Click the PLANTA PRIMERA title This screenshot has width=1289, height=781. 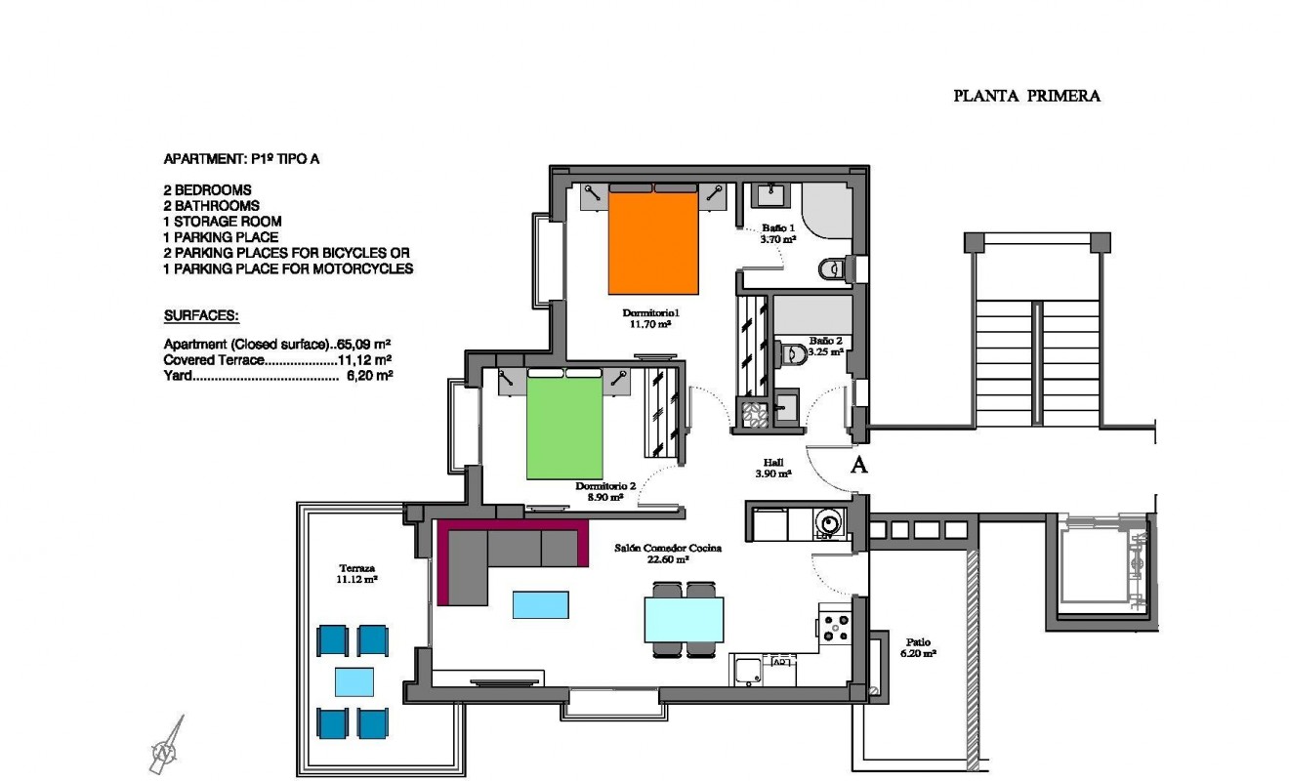[x=1026, y=96]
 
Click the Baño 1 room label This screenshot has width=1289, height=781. [x=777, y=228]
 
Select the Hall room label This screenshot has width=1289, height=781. [x=772, y=463]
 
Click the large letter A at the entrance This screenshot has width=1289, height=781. [x=858, y=465]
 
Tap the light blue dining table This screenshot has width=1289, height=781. [x=684, y=619]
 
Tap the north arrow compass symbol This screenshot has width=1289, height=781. [x=167, y=747]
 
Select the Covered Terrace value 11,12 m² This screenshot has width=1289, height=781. [x=364, y=359]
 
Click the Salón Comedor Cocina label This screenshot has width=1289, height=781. [x=667, y=549]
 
